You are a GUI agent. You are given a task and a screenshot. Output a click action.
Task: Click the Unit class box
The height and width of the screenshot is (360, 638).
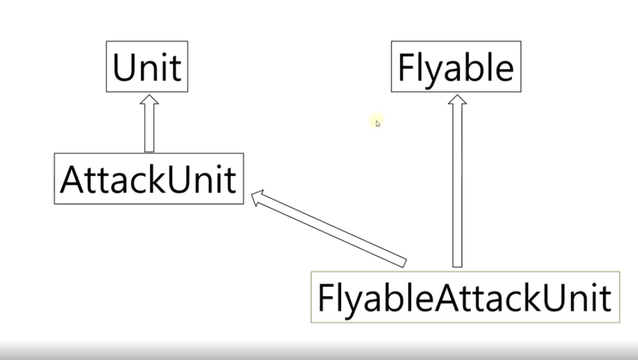point(147,67)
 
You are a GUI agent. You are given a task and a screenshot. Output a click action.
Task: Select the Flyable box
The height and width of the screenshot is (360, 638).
point(455,67)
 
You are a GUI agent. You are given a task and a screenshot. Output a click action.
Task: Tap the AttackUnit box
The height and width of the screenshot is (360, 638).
point(148,178)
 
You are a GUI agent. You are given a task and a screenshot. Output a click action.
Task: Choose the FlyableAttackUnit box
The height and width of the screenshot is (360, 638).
point(464,297)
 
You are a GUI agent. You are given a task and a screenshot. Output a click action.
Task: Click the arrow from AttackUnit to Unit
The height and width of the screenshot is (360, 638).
point(149,127)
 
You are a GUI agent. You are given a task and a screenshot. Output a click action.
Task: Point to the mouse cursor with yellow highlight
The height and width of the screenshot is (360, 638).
point(376,122)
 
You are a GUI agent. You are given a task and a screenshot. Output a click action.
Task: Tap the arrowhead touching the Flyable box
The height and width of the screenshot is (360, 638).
point(457,100)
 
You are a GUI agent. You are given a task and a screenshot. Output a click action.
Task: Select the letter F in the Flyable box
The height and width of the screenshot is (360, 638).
point(405,67)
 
